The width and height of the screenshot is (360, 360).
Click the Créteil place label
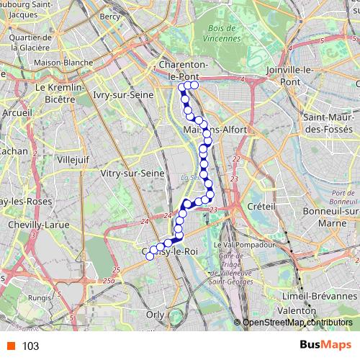262,207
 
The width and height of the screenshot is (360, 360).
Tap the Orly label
155,314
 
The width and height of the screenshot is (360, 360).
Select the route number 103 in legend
30,346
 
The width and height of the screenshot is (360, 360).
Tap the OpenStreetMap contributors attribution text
297,323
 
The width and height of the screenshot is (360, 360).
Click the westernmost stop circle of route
150,256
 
